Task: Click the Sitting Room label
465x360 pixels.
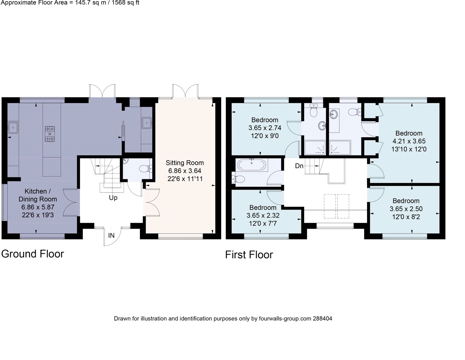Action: [185, 163]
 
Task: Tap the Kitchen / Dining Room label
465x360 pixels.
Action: [37, 195]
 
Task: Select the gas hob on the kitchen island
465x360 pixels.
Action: [50, 134]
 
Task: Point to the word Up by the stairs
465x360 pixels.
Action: [113, 198]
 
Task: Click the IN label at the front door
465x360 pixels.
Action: [111, 235]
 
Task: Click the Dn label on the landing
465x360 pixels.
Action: [299, 166]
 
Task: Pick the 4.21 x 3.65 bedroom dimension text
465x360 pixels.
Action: [409, 141]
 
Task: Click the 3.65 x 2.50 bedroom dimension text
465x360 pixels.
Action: [406, 209]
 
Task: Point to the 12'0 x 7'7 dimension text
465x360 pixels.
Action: [263, 224]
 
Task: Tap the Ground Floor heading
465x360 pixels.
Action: [33, 254]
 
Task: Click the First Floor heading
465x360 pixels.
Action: [249, 255]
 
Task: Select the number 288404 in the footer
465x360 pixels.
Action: [322, 319]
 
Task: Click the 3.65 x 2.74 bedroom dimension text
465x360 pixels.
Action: [265, 128]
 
